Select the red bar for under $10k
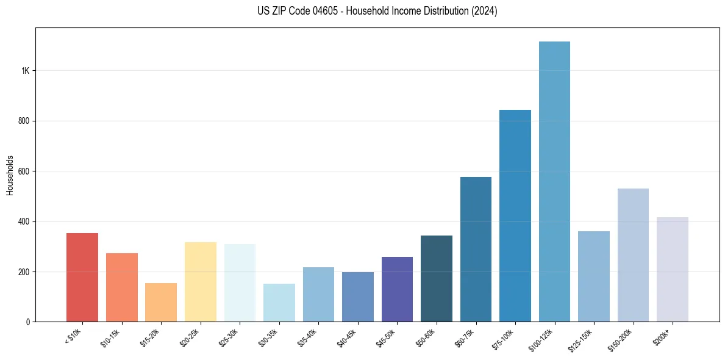(x=82, y=278)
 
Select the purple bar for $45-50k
(x=397, y=289)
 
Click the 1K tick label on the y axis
(x=26, y=71)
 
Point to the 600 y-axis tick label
(x=24, y=171)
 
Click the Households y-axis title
(x=10, y=175)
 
